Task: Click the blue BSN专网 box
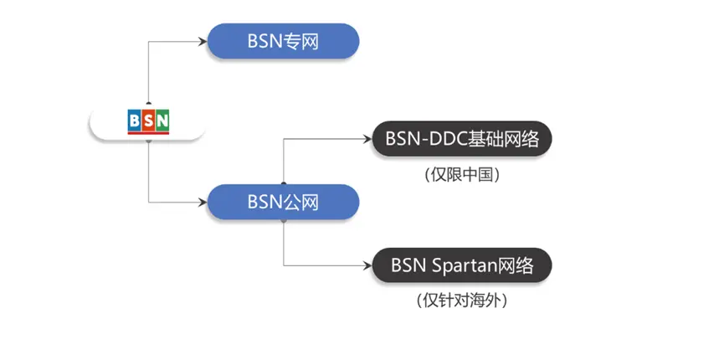click(283, 41)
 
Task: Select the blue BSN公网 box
click(283, 202)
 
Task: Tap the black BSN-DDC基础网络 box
click(462, 139)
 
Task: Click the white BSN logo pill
click(147, 122)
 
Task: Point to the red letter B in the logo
click(135, 121)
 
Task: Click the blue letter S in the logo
click(148, 121)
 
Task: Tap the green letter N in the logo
click(162, 121)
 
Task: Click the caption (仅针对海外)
click(462, 300)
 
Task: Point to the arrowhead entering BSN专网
click(203, 41)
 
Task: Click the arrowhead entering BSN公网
click(203, 202)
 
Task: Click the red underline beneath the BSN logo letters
click(148, 134)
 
